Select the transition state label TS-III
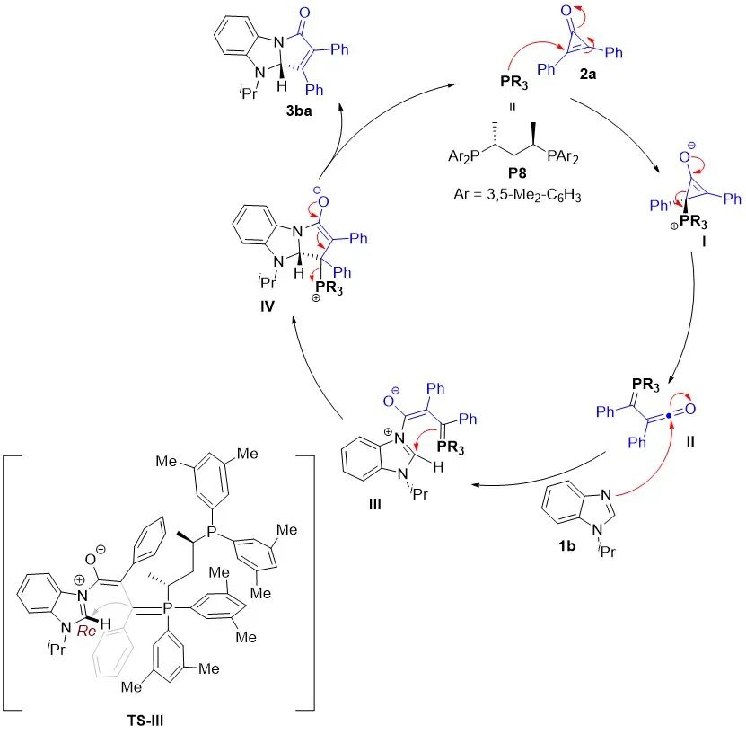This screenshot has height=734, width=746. coord(156,716)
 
